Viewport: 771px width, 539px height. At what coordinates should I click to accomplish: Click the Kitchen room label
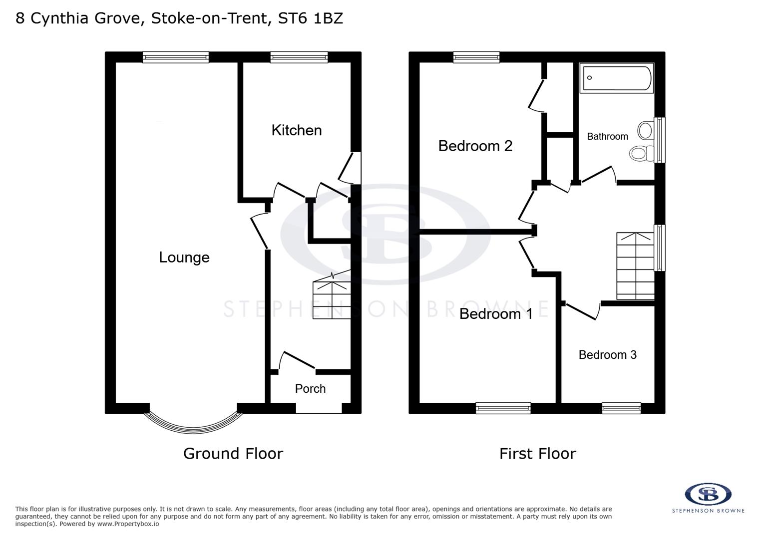[x=296, y=130]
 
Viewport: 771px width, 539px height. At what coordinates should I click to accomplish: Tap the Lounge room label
[x=184, y=258]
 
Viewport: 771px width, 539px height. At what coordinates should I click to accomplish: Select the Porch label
[x=310, y=389]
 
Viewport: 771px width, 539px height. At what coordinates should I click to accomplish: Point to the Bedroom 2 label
[x=475, y=146]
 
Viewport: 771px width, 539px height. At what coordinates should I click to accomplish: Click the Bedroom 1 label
[x=495, y=314]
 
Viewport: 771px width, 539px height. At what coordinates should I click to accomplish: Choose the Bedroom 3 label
[x=607, y=355]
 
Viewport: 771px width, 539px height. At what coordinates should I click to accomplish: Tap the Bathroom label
[x=607, y=136]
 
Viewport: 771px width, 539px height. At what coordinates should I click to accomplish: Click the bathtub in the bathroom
[x=617, y=78]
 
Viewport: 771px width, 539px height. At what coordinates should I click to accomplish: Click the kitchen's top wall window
[x=299, y=57]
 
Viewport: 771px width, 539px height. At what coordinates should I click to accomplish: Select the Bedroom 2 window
[x=476, y=57]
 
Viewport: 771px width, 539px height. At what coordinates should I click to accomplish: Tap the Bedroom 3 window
[x=621, y=408]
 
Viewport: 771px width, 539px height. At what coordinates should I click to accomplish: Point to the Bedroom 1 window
[x=503, y=408]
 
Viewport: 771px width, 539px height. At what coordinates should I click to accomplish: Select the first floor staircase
[x=635, y=266]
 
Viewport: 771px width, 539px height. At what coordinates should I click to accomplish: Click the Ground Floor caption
[x=233, y=454]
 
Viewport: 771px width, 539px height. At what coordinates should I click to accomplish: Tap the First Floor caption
[x=537, y=454]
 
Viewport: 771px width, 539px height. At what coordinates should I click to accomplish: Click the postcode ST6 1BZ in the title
[x=311, y=18]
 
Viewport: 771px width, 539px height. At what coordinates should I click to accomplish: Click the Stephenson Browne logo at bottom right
[x=708, y=497]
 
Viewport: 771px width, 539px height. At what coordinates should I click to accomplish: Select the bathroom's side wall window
[x=660, y=140]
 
